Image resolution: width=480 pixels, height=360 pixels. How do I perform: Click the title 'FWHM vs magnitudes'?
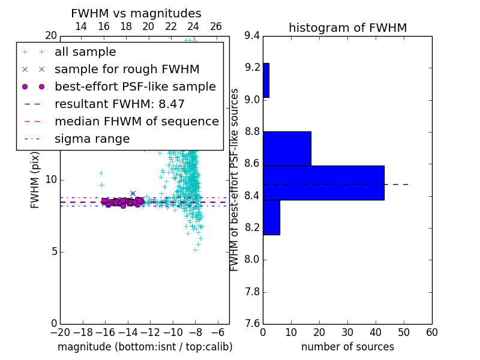(136, 13)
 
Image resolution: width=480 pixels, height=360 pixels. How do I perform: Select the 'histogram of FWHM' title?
(348, 28)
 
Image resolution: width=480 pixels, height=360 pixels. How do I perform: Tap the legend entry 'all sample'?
(85, 52)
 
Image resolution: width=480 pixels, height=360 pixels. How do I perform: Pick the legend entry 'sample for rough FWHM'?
(127, 70)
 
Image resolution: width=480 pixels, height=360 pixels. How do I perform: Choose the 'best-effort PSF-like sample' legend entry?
(136, 86)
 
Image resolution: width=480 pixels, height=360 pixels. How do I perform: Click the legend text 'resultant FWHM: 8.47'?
(119, 104)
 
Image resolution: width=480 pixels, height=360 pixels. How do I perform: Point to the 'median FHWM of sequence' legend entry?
(137, 122)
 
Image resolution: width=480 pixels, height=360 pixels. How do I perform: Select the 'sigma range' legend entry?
(92, 139)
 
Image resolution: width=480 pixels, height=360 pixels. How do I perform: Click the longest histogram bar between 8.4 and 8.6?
(323, 183)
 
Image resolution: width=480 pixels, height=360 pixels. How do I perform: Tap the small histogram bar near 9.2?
(266, 80)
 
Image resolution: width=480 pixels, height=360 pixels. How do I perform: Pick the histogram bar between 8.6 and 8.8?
(287, 149)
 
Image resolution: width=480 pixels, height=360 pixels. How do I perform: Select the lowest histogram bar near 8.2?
(272, 218)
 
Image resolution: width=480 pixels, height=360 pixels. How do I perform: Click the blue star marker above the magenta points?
(133, 193)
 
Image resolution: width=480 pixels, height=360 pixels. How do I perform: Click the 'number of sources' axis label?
(348, 347)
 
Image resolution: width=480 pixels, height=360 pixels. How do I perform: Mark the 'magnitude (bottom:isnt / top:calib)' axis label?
(145, 347)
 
